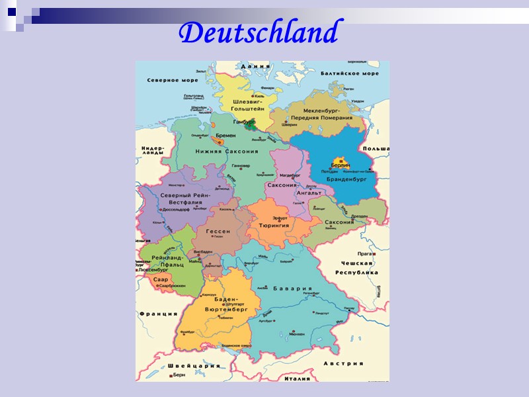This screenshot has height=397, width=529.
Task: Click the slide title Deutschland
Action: pos(259,32)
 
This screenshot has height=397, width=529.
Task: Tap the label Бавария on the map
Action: pos(294,288)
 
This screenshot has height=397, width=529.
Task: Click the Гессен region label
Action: pos(218,232)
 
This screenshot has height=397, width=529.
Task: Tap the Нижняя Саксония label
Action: pos(227,152)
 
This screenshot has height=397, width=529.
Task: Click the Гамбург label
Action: pos(244,122)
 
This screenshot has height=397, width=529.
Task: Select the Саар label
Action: pos(161,279)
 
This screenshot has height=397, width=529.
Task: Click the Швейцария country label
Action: pos(194,366)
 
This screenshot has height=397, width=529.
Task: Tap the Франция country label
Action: pos(157,315)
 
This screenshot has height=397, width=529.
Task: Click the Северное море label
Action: pos(172,80)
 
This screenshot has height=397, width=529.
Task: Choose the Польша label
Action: pos(376,150)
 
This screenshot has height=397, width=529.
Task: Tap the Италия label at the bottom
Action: pos(295,378)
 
